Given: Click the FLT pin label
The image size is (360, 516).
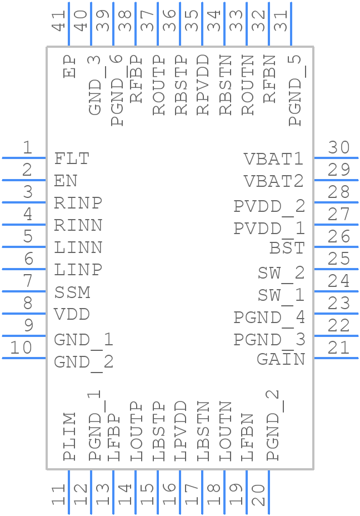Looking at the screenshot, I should click(x=72, y=159).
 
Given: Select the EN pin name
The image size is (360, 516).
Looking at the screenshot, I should click(x=66, y=181).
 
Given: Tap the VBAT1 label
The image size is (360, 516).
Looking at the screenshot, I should click(x=274, y=159).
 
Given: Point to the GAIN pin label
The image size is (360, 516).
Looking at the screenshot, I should click(x=281, y=360).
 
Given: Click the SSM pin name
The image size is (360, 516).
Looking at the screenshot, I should click(x=72, y=292).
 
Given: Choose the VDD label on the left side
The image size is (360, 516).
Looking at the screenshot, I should click(x=72, y=315).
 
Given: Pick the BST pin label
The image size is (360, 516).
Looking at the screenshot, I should click(x=287, y=248).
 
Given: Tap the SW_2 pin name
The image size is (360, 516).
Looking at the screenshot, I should click(x=281, y=273).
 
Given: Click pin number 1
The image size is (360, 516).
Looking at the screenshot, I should click(x=27, y=148).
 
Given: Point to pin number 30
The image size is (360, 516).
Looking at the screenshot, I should click(x=338, y=148).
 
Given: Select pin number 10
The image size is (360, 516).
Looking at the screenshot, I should click(x=21, y=348).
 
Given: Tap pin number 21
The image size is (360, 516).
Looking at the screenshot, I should click(x=338, y=348).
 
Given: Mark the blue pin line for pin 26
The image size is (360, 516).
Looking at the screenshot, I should click(x=336, y=246).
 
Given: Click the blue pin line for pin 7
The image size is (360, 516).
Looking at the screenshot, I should click(x=24, y=291).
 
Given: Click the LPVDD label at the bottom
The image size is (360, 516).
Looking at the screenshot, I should click(x=181, y=431).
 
